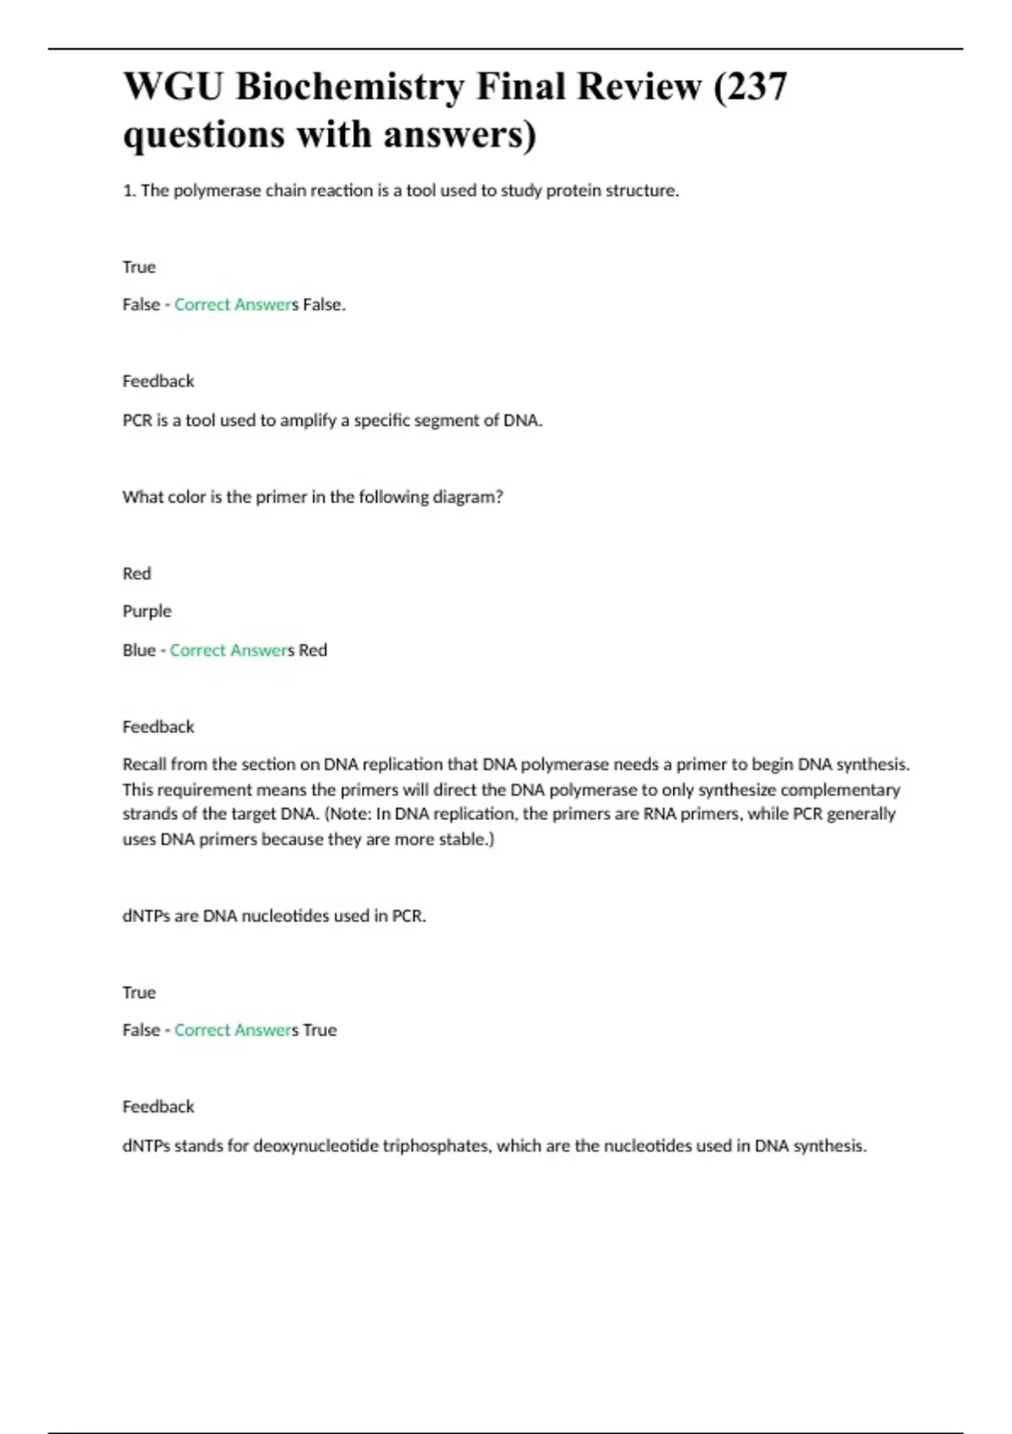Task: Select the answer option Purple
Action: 147,611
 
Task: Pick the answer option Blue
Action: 138,650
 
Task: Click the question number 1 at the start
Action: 127,191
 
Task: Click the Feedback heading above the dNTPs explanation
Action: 158,1106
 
